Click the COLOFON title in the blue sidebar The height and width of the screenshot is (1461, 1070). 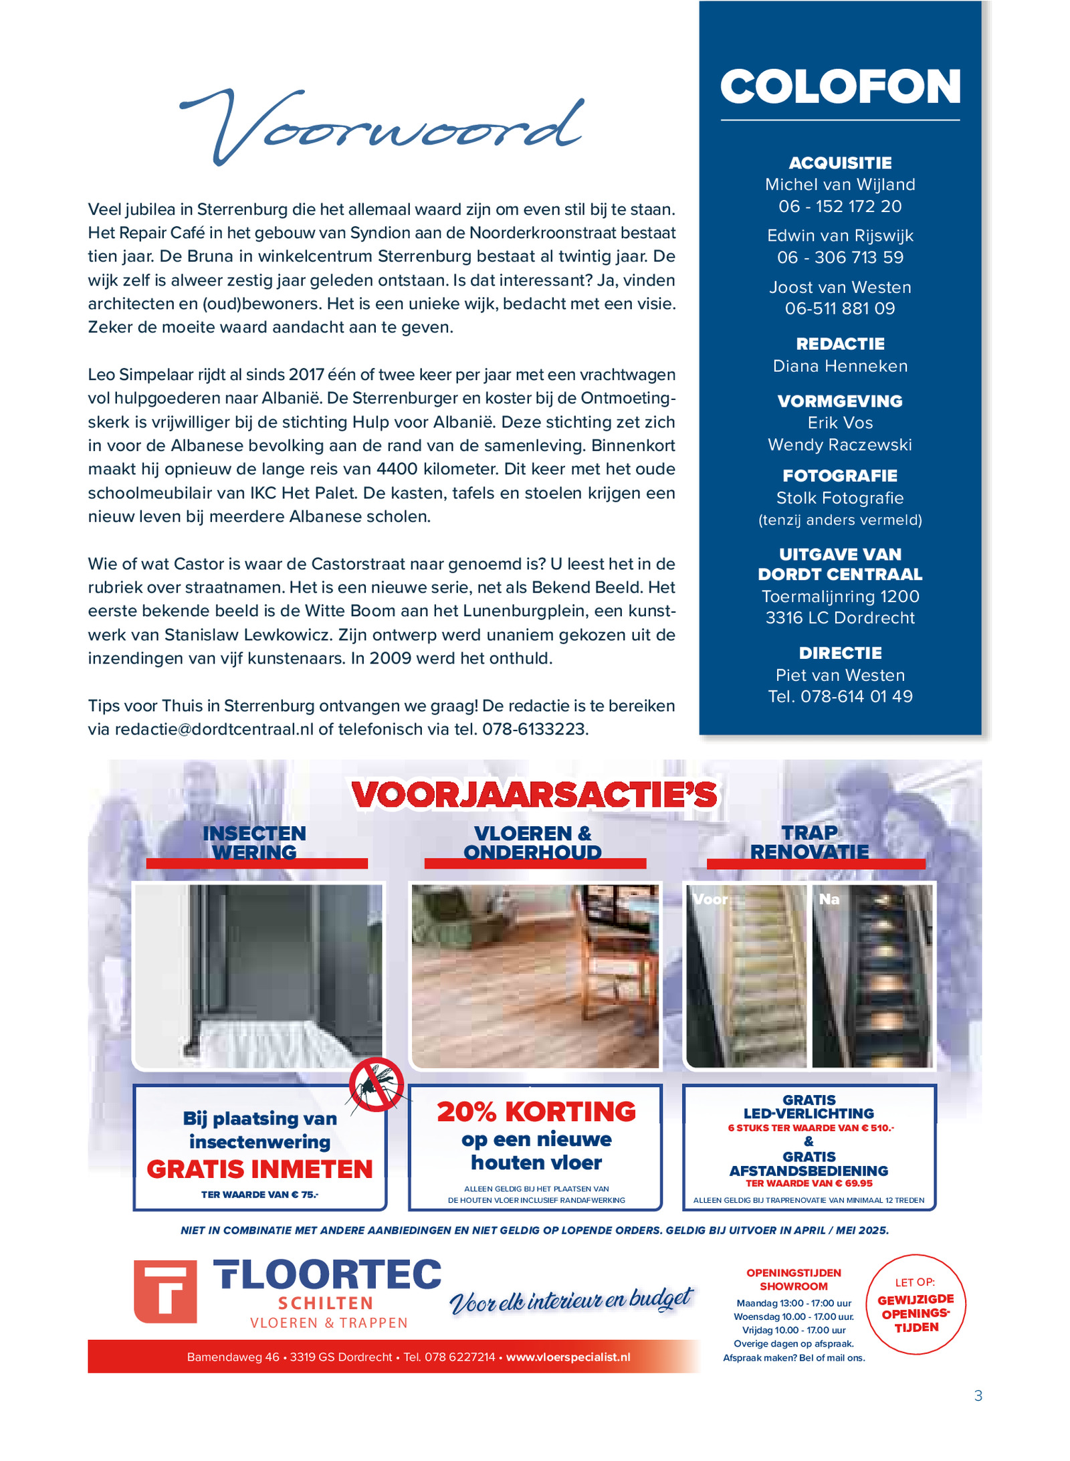coord(840,87)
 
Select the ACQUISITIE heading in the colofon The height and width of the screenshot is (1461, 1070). coord(840,163)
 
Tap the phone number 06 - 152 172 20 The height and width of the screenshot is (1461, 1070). coord(840,206)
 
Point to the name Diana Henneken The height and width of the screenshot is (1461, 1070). coord(840,366)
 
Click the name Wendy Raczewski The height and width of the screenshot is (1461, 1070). coord(840,445)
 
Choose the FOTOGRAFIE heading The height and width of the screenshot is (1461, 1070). coord(840,476)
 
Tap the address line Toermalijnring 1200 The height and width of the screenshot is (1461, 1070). coord(840,596)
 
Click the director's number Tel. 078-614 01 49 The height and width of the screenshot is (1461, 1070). coord(840,696)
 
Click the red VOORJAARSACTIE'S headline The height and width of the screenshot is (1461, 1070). coord(534,795)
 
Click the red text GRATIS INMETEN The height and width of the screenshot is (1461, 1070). coord(259,1169)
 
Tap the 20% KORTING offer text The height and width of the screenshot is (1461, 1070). coord(536,1112)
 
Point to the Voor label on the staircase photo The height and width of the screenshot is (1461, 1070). coord(710,899)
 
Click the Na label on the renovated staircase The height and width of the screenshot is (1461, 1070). coord(829,899)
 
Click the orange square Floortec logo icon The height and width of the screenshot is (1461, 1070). coord(165,1292)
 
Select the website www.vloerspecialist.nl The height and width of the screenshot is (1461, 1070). coord(568,1357)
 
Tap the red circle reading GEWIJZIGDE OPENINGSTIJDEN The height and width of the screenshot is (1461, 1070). coord(916,1305)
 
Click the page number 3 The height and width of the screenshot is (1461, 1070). coord(978,1395)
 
